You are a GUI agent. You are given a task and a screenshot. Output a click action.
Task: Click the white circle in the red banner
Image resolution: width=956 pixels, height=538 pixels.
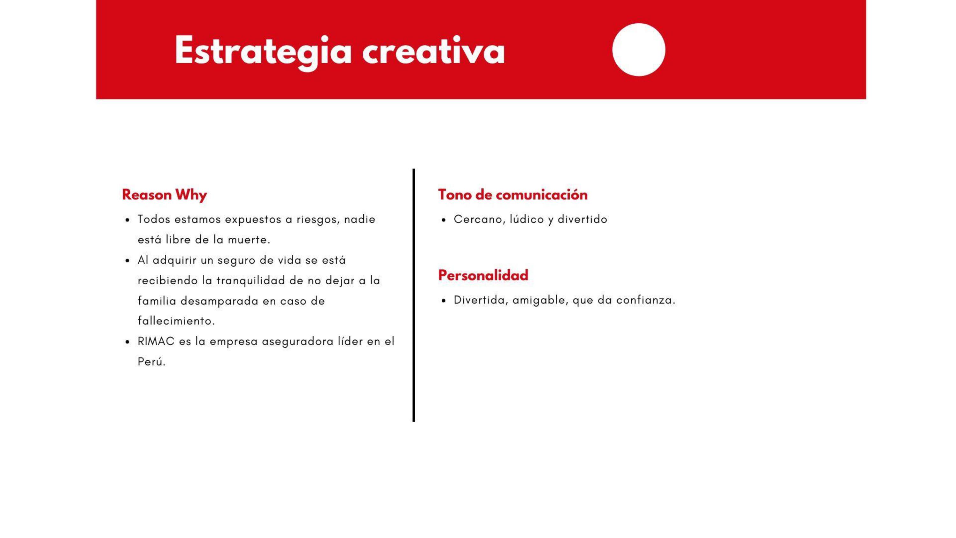click(638, 50)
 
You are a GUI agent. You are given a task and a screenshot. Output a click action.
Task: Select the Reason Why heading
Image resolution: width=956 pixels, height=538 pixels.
click(164, 195)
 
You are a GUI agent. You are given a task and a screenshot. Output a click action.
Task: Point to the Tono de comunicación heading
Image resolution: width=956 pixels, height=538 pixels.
click(513, 194)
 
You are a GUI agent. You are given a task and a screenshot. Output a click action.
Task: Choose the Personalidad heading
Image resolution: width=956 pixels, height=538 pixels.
click(483, 275)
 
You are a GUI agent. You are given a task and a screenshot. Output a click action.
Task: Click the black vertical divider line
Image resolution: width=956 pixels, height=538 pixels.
click(414, 295)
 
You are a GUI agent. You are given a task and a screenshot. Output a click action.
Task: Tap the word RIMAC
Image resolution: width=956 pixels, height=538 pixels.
click(156, 341)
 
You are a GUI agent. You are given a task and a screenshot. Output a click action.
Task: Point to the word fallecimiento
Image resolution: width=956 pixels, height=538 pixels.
click(176, 321)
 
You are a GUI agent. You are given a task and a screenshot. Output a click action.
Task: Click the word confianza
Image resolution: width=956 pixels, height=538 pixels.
click(646, 300)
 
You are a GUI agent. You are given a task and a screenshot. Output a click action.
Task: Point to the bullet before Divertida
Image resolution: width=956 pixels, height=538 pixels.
click(444, 301)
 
